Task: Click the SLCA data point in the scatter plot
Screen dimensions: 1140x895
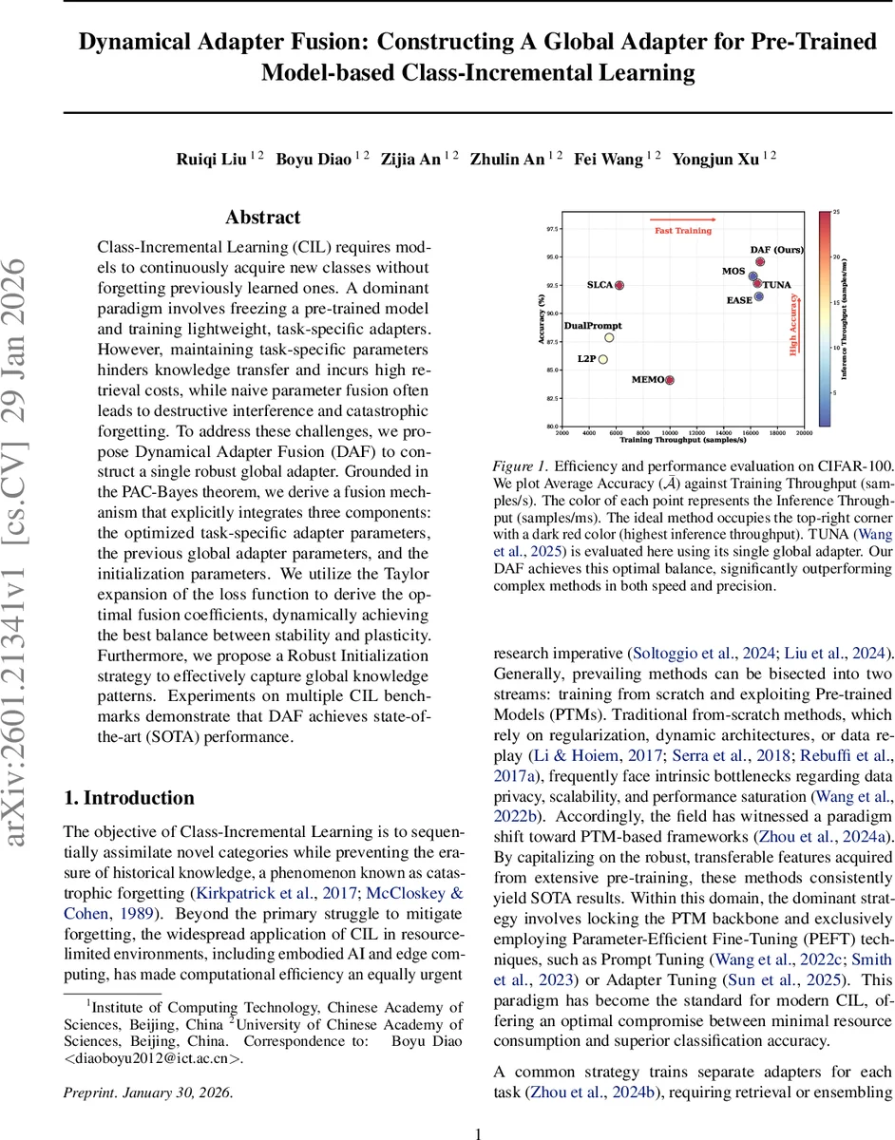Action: [x=619, y=285]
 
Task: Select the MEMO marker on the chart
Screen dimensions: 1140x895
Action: [x=670, y=380]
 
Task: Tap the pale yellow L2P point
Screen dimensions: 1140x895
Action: [x=602, y=359]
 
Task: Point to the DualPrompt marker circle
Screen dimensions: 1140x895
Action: [x=609, y=337]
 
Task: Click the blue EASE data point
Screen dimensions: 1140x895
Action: [x=758, y=297]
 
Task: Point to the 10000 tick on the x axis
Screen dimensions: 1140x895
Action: [x=670, y=432]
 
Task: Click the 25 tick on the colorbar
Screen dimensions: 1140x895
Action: [x=835, y=212]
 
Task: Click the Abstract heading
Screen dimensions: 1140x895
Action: [x=262, y=218]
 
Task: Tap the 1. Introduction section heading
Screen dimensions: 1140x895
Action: [x=128, y=798]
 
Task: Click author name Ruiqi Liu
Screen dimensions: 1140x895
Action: [x=214, y=160]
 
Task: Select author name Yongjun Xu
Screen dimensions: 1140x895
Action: [x=716, y=160]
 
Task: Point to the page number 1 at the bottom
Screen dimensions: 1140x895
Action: [x=479, y=1132]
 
